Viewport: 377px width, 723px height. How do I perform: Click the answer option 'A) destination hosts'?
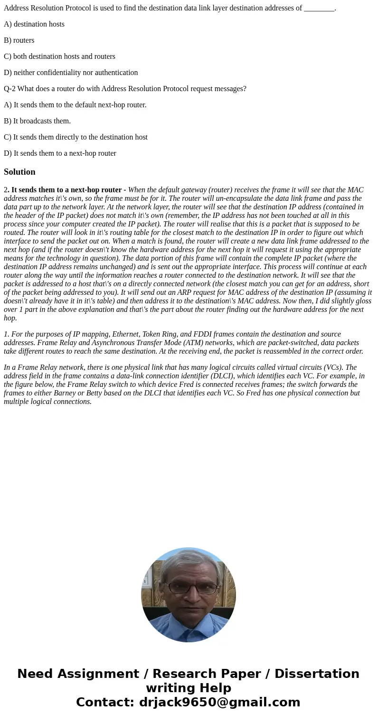(34, 24)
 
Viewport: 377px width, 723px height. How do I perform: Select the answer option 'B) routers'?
(19, 40)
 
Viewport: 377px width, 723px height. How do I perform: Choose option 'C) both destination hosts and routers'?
(59, 56)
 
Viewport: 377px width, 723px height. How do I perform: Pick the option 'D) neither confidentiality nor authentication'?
(71, 73)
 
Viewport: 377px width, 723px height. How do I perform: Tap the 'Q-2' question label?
(9, 89)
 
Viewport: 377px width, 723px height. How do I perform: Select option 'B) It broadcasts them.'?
(37, 121)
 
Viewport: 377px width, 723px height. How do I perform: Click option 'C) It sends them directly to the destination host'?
(75, 137)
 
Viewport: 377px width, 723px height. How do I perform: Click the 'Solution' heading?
(19, 172)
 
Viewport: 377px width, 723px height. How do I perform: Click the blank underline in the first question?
(319, 8)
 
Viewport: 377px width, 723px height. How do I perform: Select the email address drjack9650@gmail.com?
(219, 703)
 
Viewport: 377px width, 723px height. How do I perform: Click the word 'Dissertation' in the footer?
(317, 674)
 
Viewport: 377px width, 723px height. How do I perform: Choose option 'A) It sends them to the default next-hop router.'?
(75, 105)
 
